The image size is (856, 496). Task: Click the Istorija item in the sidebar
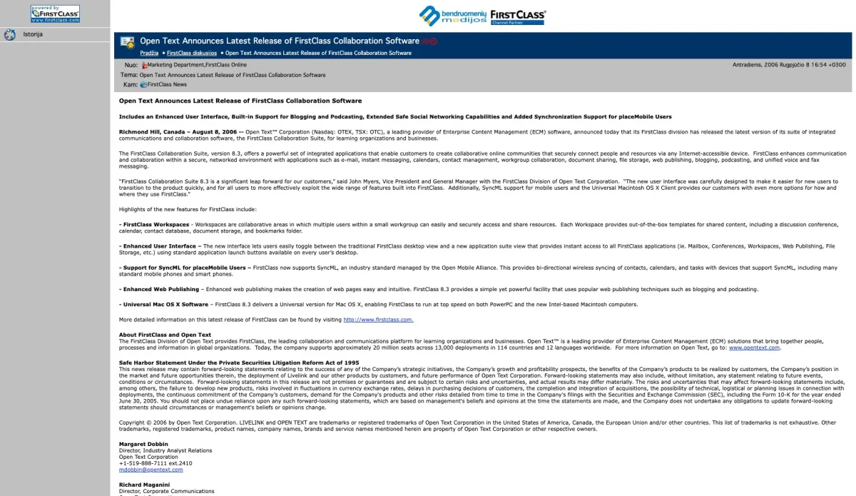(33, 34)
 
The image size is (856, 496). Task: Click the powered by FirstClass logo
(55, 14)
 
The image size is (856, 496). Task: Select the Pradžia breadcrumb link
(149, 53)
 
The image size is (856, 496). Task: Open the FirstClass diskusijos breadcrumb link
(192, 53)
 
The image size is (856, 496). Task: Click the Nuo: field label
(131, 65)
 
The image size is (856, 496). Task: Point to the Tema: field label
(129, 75)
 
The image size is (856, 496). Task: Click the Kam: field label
(130, 84)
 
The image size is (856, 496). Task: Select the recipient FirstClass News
(167, 84)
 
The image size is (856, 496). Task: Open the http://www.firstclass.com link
(378, 320)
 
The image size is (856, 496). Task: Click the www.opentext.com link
(754, 348)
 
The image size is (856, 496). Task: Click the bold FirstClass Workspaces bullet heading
(156, 225)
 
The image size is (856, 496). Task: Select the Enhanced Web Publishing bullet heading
(160, 289)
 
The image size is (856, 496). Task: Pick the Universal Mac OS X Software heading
(165, 304)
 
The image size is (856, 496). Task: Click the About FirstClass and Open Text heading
(165, 335)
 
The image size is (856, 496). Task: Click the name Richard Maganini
(145, 485)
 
